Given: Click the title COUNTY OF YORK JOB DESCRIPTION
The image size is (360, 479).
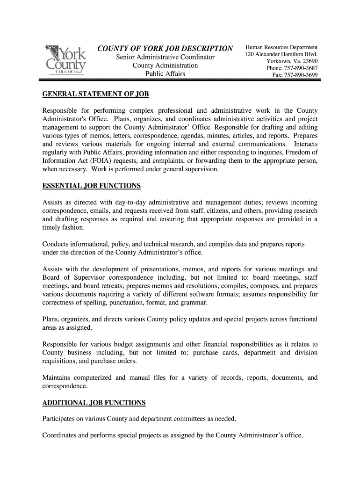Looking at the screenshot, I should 165,49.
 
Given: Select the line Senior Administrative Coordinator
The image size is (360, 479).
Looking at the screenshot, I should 165,57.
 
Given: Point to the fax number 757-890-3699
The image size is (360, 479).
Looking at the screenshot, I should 302,75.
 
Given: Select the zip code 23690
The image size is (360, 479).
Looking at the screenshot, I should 309,61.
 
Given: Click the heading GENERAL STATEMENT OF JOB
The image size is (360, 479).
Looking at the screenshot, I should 95,94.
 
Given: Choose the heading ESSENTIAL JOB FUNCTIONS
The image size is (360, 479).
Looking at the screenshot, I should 91,186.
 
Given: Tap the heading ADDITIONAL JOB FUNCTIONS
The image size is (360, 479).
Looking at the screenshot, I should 94,402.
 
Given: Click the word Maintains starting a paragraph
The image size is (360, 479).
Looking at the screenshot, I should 57,377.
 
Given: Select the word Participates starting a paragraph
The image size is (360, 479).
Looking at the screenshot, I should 59,418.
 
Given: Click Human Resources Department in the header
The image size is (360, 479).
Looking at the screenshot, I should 281,47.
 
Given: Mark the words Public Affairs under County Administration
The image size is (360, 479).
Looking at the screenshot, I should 165,74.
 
